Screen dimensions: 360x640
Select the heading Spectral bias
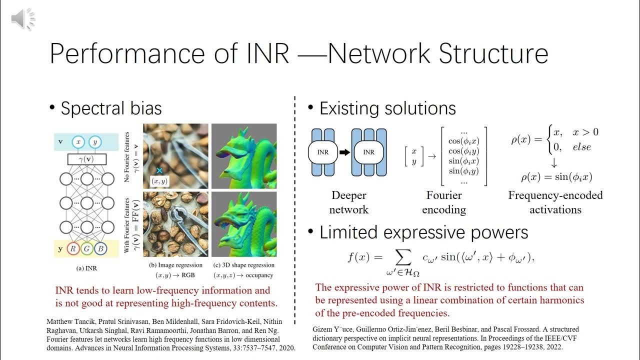pos(111,108)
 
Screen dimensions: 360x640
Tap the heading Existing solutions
pos(387,108)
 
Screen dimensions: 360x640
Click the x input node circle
pos(78,142)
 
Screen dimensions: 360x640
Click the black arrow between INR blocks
pos(345,152)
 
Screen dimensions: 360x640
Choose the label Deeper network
pos(348,202)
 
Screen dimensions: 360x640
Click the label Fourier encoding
pos(444,202)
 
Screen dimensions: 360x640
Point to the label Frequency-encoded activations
pos(555,202)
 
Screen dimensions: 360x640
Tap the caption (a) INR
pos(86,268)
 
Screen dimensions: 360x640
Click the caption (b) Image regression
pos(175,265)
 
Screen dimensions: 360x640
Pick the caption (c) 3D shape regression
pos(244,265)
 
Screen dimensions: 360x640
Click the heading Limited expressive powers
pos(423,232)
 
